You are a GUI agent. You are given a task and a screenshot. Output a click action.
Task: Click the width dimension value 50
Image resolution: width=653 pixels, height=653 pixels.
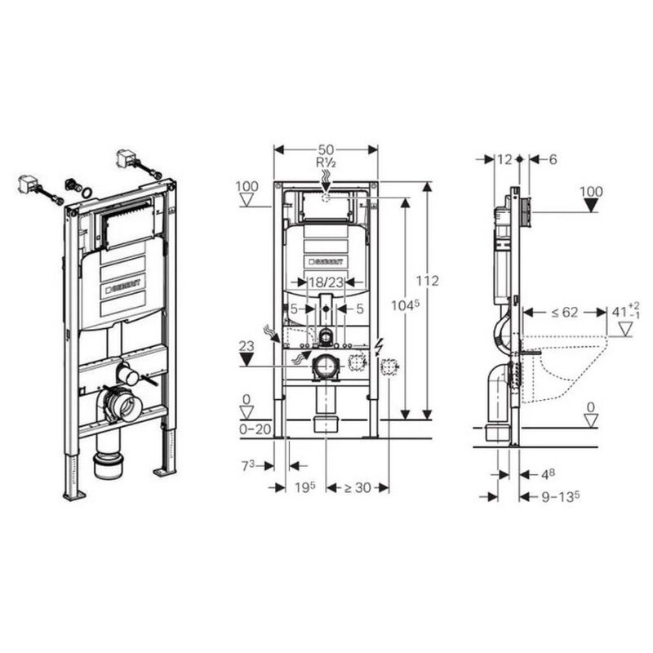click(x=326, y=150)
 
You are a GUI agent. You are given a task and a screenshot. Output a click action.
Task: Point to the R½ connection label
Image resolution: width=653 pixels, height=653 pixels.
click(x=326, y=163)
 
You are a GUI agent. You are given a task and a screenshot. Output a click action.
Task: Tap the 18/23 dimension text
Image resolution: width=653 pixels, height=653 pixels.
click(x=326, y=281)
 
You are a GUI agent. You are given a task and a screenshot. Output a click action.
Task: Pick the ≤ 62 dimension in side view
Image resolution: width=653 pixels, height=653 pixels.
click(x=565, y=311)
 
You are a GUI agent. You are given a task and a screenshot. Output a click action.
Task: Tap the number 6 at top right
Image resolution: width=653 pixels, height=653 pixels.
click(x=552, y=160)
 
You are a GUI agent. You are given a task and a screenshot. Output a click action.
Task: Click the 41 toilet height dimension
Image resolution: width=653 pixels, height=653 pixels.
click(x=623, y=311)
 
